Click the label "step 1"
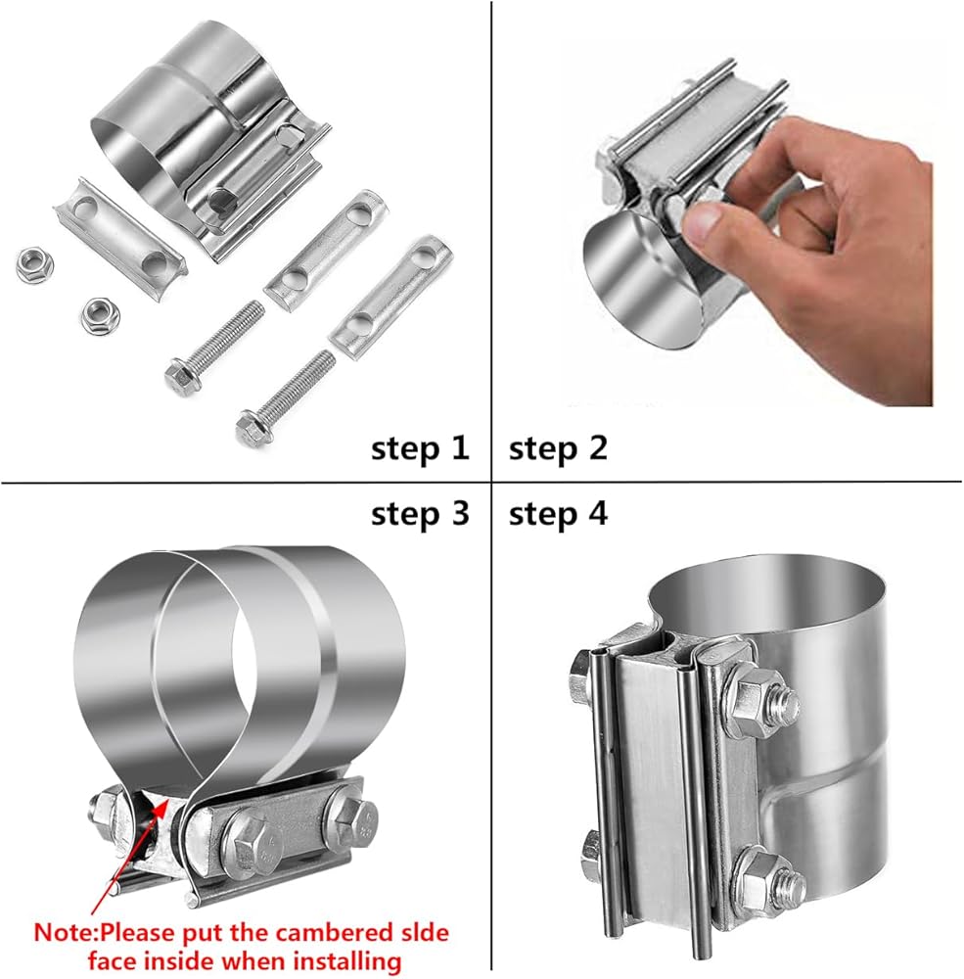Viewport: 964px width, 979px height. point(420,449)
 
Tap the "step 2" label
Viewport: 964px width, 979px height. point(558,449)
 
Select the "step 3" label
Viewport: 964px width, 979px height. point(420,515)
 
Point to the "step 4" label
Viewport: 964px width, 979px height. point(558,515)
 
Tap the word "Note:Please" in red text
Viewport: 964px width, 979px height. point(105,933)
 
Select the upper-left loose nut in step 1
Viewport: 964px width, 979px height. point(34,264)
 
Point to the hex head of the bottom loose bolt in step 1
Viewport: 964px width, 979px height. point(251,428)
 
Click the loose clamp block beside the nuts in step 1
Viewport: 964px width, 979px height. point(121,242)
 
